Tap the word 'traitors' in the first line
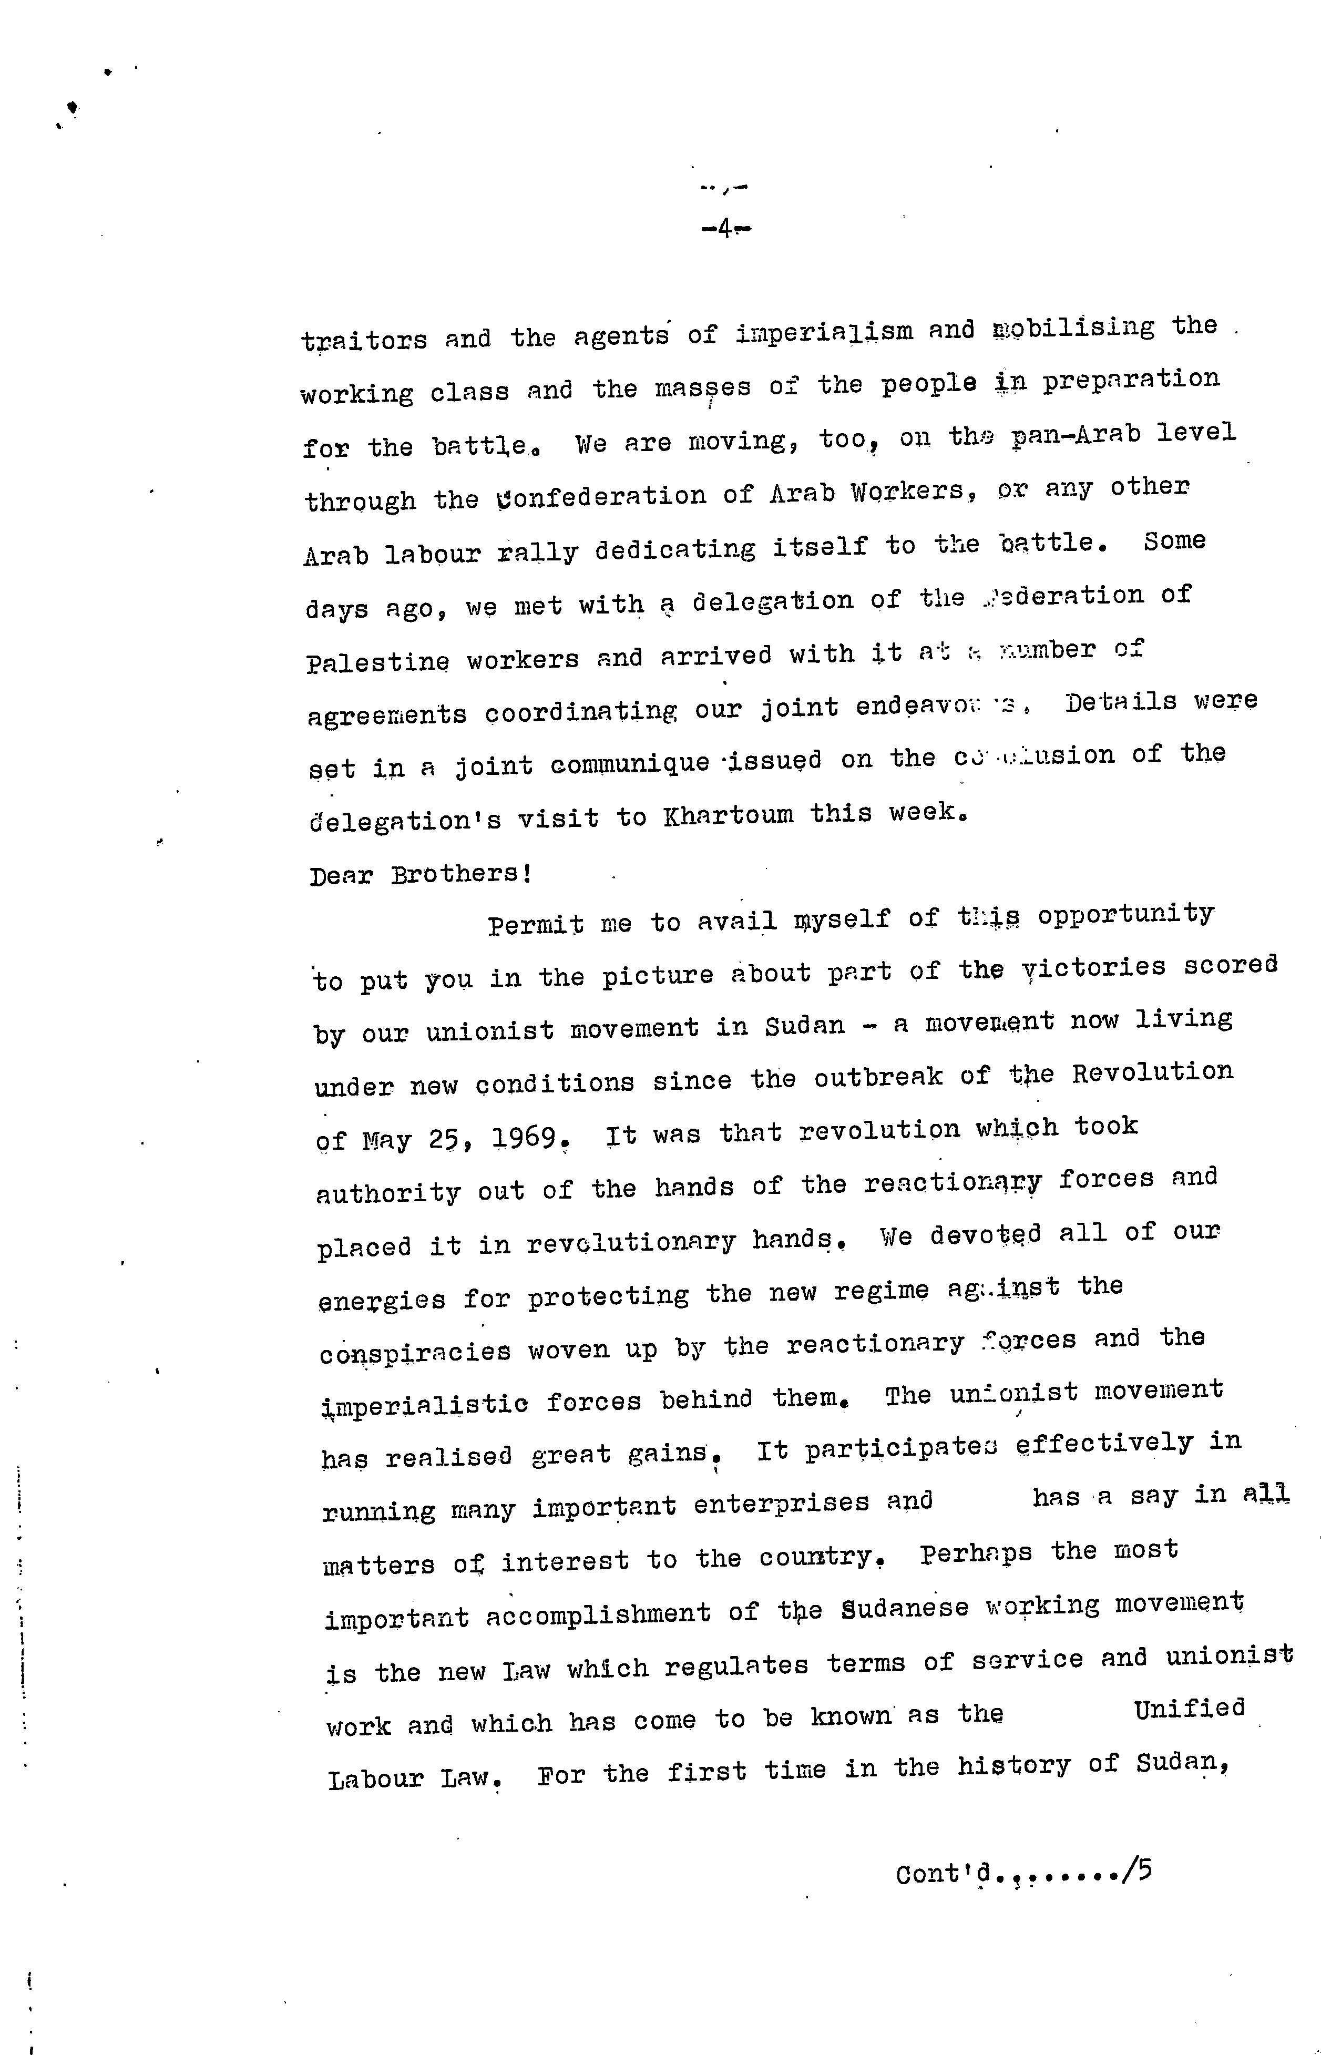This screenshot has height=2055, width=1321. [364, 341]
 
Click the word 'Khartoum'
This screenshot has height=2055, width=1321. [728, 814]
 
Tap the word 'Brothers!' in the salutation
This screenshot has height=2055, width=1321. [462, 874]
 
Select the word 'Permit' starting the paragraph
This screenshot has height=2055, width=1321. [535, 925]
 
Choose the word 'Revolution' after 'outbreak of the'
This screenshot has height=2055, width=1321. [1152, 1073]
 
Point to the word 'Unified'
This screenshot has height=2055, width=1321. [1189, 1709]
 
